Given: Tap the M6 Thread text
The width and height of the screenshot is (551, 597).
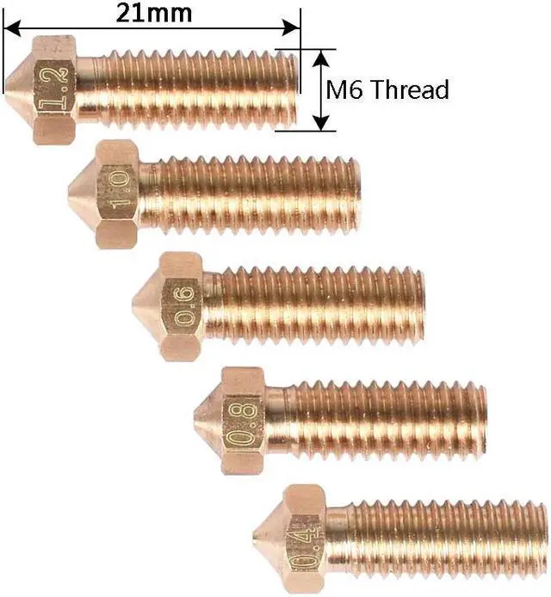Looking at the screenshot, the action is tap(387, 89).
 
